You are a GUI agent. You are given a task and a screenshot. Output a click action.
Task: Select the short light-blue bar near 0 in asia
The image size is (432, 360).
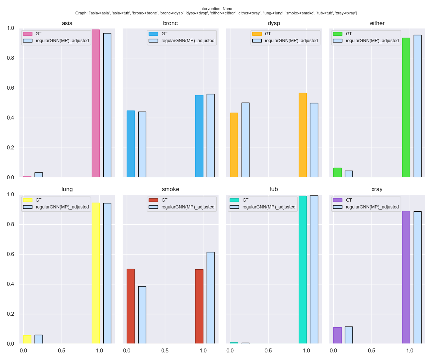(x=39, y=175)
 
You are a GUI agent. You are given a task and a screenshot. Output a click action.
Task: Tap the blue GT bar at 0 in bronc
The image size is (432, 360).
(x=130, y=144)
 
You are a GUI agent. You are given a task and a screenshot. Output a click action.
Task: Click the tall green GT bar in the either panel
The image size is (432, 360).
(x=406, y=108)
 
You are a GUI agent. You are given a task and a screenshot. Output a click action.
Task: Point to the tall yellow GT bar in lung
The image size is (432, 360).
(x=95, y=273)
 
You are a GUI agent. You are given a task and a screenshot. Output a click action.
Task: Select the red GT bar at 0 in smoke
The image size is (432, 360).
(x=130, y=306)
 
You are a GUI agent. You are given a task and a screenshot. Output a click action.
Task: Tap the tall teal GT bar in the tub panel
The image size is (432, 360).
(x=302, y=270)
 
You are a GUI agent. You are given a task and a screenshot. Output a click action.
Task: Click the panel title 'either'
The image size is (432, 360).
(x=377, y=23)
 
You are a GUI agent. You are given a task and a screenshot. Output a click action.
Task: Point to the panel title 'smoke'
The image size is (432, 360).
(x=170, y=189)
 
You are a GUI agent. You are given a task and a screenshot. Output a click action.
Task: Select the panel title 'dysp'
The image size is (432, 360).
(x=274, y=23)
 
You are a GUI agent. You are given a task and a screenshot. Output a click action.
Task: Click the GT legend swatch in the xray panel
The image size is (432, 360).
(x=338, y=200)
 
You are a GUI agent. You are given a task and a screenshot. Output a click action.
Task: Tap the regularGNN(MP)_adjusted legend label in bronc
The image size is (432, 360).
(x=188, y=41)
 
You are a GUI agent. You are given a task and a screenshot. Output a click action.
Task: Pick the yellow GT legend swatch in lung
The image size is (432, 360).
(x=28, y=200)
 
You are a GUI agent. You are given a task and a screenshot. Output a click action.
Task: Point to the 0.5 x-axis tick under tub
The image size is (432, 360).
(x=268, y=350)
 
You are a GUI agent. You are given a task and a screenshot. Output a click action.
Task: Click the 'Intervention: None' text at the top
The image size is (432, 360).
(x=216, y=9)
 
